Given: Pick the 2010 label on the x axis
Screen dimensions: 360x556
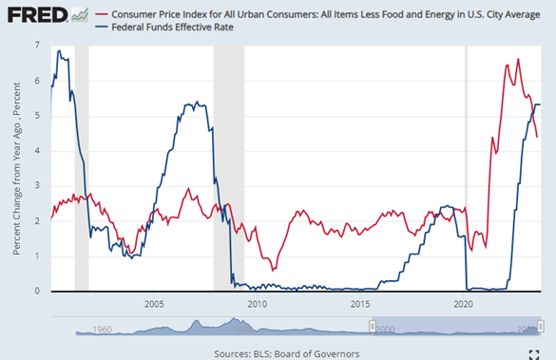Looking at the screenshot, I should coord(257,304).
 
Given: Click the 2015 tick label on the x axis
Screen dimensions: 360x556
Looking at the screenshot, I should coord(360,304).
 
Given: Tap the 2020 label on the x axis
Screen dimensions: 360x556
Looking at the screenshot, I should coord(464,304).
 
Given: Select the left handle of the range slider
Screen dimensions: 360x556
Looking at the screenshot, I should coord(373,326).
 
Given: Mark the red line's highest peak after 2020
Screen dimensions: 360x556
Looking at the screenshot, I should coord(518,59).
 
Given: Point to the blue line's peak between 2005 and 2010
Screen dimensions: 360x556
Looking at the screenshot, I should coord(195,102).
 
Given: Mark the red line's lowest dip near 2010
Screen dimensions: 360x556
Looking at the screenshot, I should coord(274,270).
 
